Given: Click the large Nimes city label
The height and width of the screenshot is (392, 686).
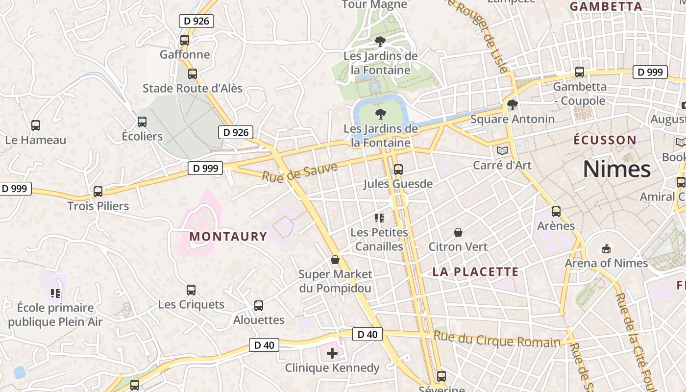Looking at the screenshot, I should coord(616,170).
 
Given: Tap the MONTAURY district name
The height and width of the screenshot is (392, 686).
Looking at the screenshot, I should coord(228,237).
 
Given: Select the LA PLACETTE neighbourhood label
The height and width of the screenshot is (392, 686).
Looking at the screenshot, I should coord(475,272).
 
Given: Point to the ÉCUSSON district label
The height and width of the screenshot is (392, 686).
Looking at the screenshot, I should coord(605,140).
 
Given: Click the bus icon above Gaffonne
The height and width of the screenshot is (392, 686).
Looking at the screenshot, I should coord(185,40).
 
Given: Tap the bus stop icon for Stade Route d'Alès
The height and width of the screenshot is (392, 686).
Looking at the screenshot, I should coord(193,74).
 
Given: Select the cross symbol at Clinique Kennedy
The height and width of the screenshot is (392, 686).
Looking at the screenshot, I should coord(332,353).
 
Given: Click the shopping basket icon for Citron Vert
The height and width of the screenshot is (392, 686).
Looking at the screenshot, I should coord(458,232).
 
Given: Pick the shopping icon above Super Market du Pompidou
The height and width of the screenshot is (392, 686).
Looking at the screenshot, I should coord(335,260).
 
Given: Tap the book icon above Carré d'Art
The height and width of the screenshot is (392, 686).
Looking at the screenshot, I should coord(502,150).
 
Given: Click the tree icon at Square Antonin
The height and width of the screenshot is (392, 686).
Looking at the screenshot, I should coord(512,105).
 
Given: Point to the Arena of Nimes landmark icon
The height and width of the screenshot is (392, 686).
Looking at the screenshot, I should coord(606,248).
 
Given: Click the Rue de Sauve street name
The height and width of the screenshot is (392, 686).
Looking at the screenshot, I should coord(299,172).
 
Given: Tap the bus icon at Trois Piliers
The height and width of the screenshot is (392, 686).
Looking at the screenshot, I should coord(98,192).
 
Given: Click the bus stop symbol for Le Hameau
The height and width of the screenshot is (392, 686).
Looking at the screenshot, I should coord(36,125).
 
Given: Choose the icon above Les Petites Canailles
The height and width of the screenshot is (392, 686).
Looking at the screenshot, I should coord(379,218).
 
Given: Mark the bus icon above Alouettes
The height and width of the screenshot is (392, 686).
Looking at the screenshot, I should coord(259,306).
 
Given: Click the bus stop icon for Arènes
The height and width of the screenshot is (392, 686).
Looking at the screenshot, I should coord(556,212).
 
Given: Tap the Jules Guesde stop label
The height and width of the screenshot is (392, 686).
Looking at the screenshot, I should coord(398,184).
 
